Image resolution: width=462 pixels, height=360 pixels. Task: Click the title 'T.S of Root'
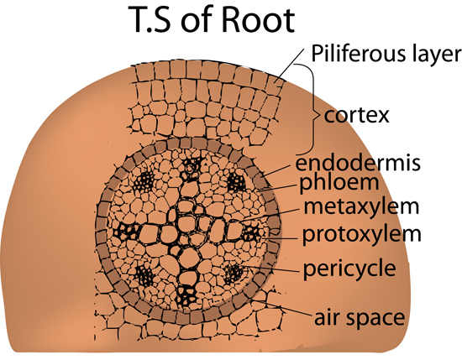pos(211,19)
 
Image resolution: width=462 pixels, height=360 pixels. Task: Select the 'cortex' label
pos(356,115)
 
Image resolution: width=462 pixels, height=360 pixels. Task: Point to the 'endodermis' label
pos(358,163)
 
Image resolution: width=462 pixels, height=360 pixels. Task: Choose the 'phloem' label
pos(339,183)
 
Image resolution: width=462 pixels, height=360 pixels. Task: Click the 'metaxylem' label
pos(361,206)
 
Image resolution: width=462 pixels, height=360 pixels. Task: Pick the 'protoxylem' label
pos(362,235)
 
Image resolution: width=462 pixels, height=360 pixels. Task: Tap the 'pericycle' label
pos(349,269)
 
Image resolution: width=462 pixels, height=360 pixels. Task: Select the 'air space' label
pos(360,318)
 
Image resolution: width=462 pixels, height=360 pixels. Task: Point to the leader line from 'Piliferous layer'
pos(289,66)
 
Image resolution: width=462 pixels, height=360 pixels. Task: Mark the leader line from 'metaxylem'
pos(271,215)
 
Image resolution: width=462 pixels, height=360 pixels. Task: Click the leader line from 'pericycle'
pos(270,269)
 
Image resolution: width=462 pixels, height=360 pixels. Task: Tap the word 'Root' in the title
pos(258,19)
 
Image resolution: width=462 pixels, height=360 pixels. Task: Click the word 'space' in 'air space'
pos(375,320)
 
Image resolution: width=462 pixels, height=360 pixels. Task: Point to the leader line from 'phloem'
pos(277,188)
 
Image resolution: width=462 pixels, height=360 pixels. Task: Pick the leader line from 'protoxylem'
pos(281,237)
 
